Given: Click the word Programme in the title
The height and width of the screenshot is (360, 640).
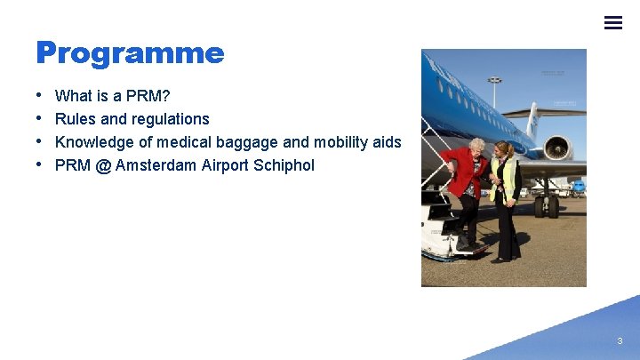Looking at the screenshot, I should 130,53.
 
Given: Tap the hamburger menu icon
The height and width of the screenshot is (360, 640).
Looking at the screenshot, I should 613,23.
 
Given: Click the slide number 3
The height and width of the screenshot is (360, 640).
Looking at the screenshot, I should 620,340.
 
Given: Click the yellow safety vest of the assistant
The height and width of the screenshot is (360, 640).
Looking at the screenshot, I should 507,178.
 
